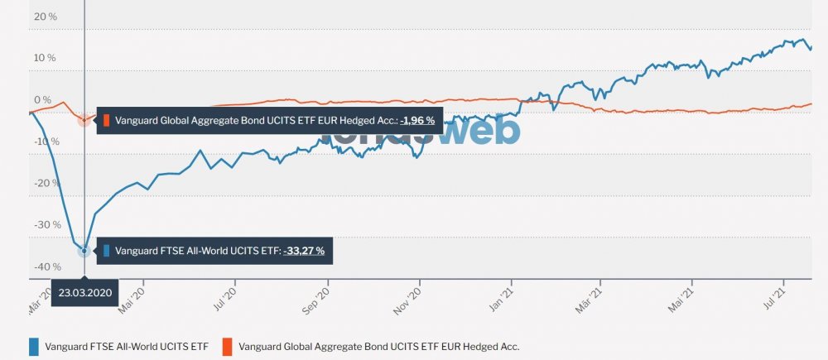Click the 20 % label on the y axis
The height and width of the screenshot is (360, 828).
coord(45,16)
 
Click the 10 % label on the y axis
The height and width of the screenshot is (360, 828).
coord(45,58)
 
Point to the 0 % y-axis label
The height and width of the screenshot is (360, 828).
coord(42,100)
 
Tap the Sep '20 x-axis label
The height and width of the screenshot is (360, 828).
coord(318,295)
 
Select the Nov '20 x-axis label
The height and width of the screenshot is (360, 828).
coord(411,295)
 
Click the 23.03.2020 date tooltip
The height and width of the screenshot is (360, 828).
coord(84,293)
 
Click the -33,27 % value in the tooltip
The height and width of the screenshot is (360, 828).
coord(304,250)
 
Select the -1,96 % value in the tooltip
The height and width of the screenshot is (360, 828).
coord(417,120)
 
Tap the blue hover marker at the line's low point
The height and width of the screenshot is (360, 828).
coord(84,250)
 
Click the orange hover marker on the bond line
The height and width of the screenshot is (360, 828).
coord(84,119)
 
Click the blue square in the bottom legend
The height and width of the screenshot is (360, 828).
coord(34,346)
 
